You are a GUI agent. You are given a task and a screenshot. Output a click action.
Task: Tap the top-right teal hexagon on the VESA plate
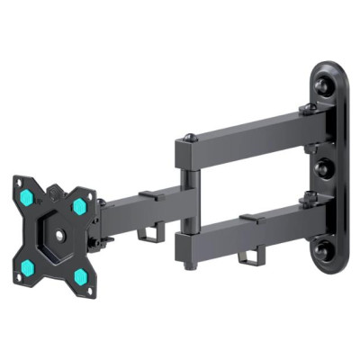click(78, 203)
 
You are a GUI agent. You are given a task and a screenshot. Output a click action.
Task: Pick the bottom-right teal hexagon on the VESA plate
click(82, 274)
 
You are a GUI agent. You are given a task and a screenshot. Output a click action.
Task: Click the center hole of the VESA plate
click(56, 236)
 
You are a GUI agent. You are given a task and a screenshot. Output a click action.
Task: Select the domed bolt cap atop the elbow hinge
click(191, 138)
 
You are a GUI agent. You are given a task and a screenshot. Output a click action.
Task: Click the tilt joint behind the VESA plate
click(104, 225)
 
